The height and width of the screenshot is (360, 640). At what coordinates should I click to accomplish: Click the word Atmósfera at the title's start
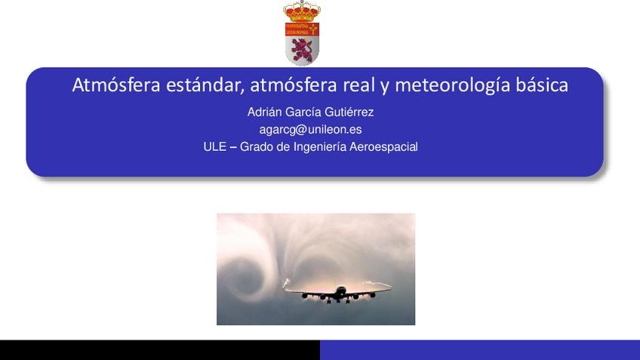click(x=116, y=85)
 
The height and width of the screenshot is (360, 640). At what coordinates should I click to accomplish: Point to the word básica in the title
click(x=542, y=85)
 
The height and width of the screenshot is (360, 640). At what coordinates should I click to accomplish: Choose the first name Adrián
click(x=264, y=112)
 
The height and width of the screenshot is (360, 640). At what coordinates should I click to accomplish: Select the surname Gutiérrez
click(x=349, y=112)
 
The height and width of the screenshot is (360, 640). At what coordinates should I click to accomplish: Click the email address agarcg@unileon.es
click(x=310, y=130)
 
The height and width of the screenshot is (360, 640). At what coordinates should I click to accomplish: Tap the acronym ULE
click(x=214, y=147)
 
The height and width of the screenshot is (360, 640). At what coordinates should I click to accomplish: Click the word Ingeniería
click(x=319, y=147)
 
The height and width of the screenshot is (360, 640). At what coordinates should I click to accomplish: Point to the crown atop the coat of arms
click(x=302, y=11)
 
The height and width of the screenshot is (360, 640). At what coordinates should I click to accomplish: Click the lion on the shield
click(x=302, y=50)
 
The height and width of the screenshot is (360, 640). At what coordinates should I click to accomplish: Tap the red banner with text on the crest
click(x=302, y=29)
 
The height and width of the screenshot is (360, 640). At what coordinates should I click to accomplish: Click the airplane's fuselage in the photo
click(x=340, y=292)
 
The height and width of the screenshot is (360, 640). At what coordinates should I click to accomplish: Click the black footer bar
click(x=160, y=349)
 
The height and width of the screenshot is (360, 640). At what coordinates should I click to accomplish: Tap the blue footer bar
click(x=480, y=349)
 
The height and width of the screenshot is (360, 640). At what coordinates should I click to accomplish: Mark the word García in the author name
click(x=303, y=112)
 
